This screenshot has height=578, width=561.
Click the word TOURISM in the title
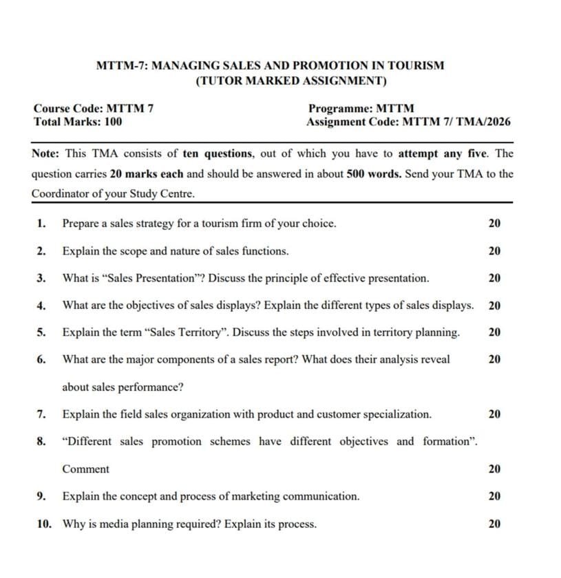416,66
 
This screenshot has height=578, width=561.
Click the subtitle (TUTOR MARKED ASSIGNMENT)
291,81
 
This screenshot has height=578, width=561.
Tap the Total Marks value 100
113,122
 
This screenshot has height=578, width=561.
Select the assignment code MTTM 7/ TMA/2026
456,122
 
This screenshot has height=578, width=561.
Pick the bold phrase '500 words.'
374,174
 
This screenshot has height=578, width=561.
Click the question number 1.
42,224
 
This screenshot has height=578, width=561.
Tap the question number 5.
42,332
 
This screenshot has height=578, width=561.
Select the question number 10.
44,524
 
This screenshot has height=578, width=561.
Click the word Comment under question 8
85,469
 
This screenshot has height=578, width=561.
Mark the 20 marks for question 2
494,251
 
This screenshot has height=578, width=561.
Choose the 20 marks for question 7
494,414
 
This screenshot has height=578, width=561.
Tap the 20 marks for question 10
494,524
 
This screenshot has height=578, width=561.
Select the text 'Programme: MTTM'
361,109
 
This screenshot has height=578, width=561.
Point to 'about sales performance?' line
123,387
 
